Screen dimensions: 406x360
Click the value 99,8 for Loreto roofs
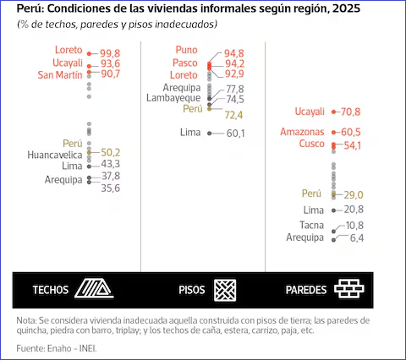110,53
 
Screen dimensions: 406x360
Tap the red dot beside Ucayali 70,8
334,112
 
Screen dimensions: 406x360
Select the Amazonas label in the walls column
302,132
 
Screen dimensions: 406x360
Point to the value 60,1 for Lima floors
235,134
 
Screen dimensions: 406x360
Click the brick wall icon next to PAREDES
349,289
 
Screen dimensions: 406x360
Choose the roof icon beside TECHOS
94,288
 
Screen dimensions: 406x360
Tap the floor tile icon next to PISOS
225,290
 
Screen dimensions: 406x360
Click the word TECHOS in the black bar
51,290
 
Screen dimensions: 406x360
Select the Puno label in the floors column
186,50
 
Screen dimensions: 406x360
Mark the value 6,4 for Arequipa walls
357,238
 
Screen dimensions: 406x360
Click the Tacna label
311,225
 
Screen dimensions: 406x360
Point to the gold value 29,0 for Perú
354,194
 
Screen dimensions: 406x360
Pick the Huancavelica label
55,155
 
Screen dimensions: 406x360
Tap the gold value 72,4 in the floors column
233,115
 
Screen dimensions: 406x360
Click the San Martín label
60,75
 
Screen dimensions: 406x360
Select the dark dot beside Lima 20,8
334,210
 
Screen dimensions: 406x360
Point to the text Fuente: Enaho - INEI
57,348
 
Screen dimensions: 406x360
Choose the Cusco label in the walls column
311,144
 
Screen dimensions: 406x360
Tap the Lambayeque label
173,98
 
